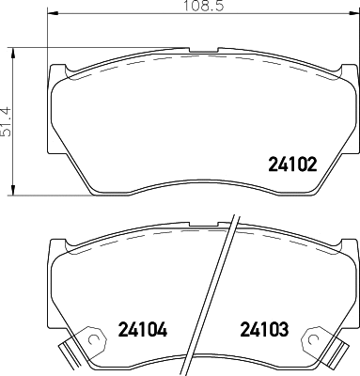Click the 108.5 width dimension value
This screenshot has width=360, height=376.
pos(204,8)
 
